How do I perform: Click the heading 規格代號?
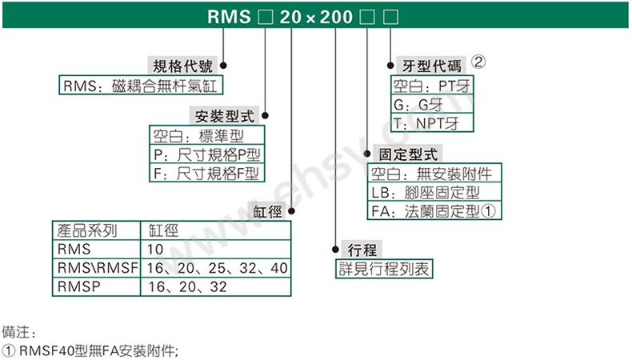(x=182, y=66)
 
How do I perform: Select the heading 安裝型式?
(x=225, y=116)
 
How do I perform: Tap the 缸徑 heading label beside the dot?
(x=267, y=211)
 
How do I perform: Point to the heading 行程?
(x=362, y=250)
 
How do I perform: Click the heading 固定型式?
(x=408, y=154)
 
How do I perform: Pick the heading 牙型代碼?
(x=431, y=66)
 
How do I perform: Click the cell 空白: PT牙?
(x=432, y=86)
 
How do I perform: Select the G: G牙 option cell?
(x=432, y=105)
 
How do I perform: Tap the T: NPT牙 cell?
(x=432, y=123)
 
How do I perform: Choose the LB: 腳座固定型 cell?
(x=434, y=192)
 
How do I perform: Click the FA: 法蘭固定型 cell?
(x=434, y=210)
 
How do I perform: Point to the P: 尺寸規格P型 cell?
(x=206, y=154)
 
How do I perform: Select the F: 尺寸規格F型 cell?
(x=206, y=173)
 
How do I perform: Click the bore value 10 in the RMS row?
(x=154, y=249)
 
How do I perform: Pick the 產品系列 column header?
(x=87, y=230)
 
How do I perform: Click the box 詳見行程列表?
(x=384, y=269)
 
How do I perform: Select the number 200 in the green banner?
(x=336, y=17)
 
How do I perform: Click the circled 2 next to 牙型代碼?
(x=478, y=62)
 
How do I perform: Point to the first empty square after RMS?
(x=266, y=17)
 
